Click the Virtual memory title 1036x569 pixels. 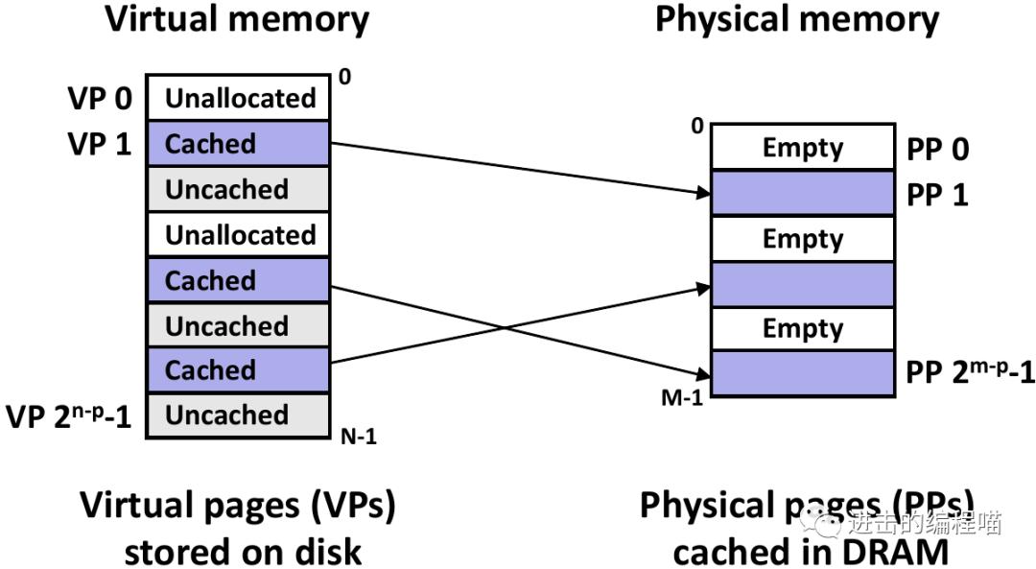pyautogui.click(x=236, y=20)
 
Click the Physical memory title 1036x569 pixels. pyautogui.click(x=796, y=20)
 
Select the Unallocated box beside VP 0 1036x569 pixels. pyautogui.click(x=238, y=98)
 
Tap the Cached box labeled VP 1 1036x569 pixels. pyautogui.click(x=238, y=144)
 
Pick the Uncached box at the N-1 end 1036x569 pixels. pyautogui.click(x=238, y=415)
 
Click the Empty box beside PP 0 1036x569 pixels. pyautogui.click(x=802, y=148)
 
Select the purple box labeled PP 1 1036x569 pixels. pyautogui.click(x=802, y=193)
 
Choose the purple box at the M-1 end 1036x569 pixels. pyautogui.click(x=802, y=372)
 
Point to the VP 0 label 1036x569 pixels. pyautogui.click(x=99, y=99)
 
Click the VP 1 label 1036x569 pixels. pyautogui.click(x=99, y=144)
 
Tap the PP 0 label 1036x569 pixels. pyautogui.click(x=937, y=149)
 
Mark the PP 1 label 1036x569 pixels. pyautogui.click(x=937, y=195)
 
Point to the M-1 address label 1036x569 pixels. pyautogui.click(x=682, y=396)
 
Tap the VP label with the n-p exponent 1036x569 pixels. pyautogui.click(x=68, y=415)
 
